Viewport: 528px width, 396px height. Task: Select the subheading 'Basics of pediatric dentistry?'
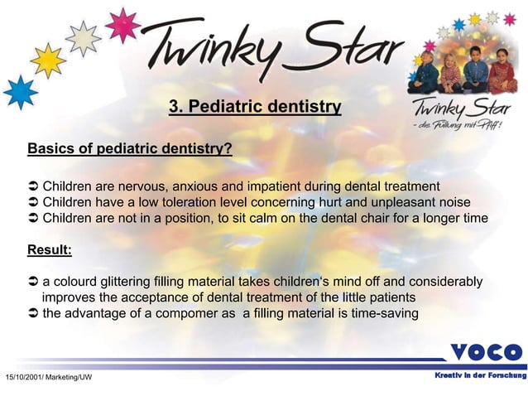[x=130, y=149]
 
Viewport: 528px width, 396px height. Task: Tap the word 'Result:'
[x=50, y=249]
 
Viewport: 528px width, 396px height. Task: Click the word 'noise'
[x=452, y=201]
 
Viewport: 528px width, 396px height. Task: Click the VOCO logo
[x=487, y=352]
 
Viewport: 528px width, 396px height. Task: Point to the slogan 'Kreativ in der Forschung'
[x=480, y=376]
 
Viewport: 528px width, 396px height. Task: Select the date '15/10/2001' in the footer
[x=24, y=378]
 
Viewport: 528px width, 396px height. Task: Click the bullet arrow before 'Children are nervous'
[x=33, y=185]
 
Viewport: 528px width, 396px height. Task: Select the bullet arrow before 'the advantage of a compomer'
[x=33, y=313]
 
